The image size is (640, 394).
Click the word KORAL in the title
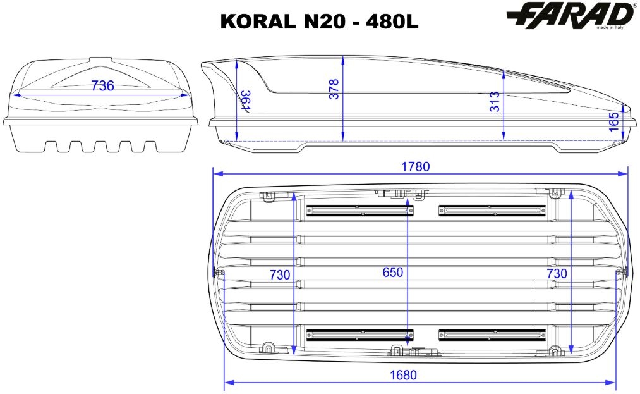[x=258, y=22]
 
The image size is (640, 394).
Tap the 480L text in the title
[x=392, y=22]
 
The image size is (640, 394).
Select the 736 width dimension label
[x=102, y=86]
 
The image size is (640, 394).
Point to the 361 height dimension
[x=245, y=100]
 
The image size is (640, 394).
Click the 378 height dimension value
[x=334, y=89]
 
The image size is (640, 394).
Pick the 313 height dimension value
[x=495, y=101]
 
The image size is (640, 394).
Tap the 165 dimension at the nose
[x=614, y=122]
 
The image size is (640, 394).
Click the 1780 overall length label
[x=416, y=167]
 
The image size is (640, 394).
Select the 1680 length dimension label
[x=403, y=375]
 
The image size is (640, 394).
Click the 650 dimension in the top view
[x=392, y=272]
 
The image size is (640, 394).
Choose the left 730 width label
[x=280, y=274]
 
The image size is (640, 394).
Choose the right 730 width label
[x=557, y=273]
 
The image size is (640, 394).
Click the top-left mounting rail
[x=360, y=211]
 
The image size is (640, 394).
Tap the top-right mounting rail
[x=492, y=211]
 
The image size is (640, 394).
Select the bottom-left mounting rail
[x=360, y=335]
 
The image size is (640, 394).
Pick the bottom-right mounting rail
[x=492, y=335]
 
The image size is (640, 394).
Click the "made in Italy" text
[x=610, y=28]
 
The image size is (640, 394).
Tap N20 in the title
[x=325, y=22]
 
